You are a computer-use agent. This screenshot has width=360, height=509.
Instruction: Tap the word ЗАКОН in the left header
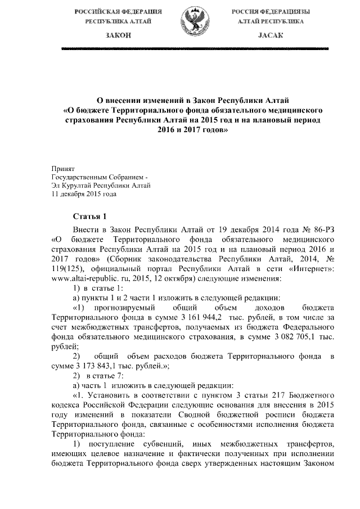[x=118, y=35]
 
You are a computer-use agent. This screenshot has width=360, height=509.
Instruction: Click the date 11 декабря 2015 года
[x=84, y=194]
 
